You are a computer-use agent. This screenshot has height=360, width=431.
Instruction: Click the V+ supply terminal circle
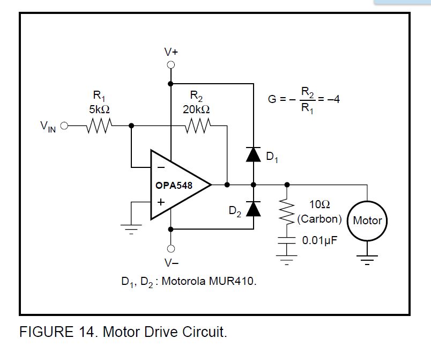[170, 65]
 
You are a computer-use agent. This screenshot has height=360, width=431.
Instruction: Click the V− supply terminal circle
[170, 249]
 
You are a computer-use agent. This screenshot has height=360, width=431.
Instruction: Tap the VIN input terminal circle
[64, 126]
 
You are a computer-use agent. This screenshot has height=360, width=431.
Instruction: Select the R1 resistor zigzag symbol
[99, 126]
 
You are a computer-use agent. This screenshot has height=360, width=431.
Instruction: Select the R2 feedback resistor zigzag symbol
[198, 126]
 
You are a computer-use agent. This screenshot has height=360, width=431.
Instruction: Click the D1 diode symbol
[253, 155]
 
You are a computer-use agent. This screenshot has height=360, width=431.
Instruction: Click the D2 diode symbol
[253, 209]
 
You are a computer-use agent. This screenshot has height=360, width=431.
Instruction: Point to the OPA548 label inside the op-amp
[174, 185]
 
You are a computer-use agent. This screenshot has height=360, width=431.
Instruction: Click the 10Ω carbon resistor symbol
[287, 212]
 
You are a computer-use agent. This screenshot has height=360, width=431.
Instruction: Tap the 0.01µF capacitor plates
[287, 240]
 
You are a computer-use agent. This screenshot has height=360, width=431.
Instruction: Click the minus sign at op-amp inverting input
[161, 167]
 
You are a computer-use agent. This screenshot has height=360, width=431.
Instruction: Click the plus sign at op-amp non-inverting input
[161, 202]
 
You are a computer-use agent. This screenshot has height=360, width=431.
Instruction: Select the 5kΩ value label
[99, 109]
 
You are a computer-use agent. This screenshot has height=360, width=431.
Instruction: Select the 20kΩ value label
[196, 109]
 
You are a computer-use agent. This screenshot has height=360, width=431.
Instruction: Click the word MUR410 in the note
[232, 281]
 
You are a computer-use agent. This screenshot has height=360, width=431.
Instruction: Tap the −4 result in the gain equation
[333, 99]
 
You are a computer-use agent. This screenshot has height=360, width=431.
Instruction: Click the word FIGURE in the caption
[46, 332]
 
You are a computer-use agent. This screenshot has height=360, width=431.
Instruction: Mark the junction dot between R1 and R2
[131, 126]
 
